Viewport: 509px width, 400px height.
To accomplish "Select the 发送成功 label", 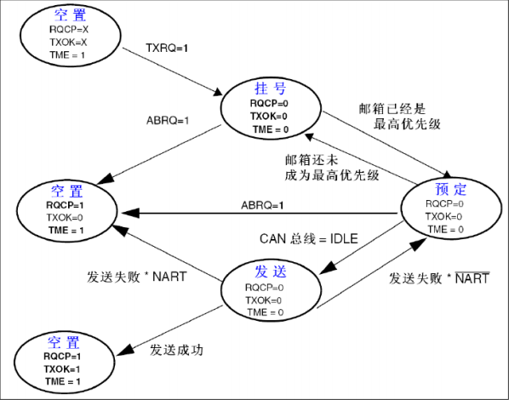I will tap(177, 350).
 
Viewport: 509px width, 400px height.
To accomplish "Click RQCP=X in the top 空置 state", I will tap(67, 29).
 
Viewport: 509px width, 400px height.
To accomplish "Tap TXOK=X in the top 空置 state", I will tap(67, 41).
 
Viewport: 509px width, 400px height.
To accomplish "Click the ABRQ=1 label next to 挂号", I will tap(167, 120).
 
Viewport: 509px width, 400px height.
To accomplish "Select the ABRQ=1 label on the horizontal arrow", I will tap(262, 205).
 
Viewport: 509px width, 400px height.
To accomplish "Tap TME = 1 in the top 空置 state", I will tap(67, 54).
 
